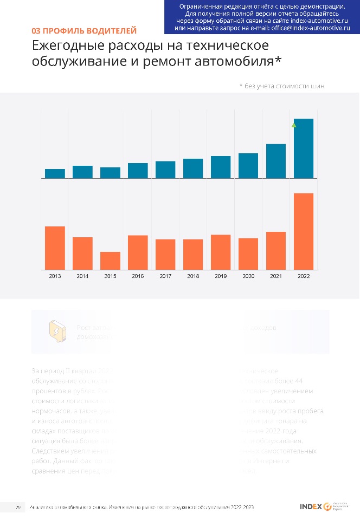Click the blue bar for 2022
click(304, 148)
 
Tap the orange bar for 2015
click(110, 261)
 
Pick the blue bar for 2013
click(55, 173)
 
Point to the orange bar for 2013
click(55, 248)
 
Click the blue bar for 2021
click(276, 161)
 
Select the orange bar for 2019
click(221, 252)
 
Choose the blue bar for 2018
click(193, 168)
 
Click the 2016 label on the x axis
click(138, 276)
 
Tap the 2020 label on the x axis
click(248, 276)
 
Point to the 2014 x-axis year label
click(82, 276)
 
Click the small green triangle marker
click(294, 125)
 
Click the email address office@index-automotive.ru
click(310, 27)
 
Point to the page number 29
click(18, 507)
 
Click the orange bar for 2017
click(165, 254)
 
